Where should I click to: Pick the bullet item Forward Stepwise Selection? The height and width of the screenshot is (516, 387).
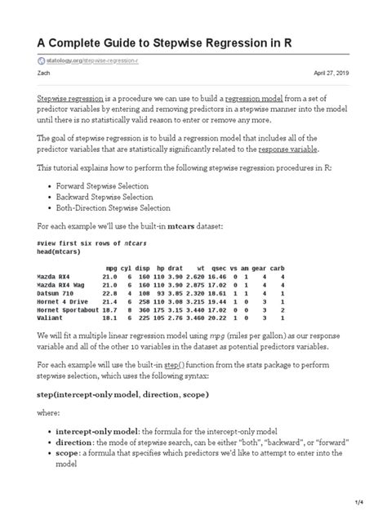point(104,186)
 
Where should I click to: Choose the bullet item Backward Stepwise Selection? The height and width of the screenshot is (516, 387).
point(106,197)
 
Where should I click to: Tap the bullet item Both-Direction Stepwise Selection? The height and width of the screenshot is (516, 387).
point(118,208)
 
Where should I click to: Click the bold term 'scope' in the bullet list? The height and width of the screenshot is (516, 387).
point(71,453)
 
